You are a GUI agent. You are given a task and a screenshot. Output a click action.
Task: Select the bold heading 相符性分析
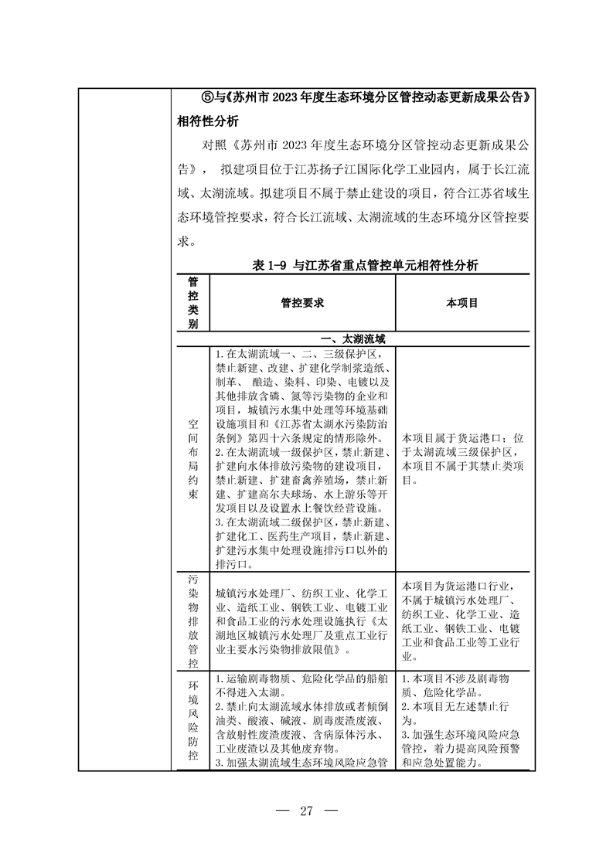tap(208, 122)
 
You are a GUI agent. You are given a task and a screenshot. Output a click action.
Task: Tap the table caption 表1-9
tap(270, 264)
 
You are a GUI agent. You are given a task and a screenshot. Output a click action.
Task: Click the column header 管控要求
tap(301, 303)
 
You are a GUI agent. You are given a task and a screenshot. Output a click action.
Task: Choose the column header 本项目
tap(462, 303)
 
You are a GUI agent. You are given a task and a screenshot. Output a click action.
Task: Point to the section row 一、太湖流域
tap(352, 338)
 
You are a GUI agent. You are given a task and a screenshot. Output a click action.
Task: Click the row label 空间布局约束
tap(192, 460)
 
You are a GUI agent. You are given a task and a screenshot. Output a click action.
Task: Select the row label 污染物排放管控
tap(192, 620)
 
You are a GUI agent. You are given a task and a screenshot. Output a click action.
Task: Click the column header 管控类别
tap(192, 303)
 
